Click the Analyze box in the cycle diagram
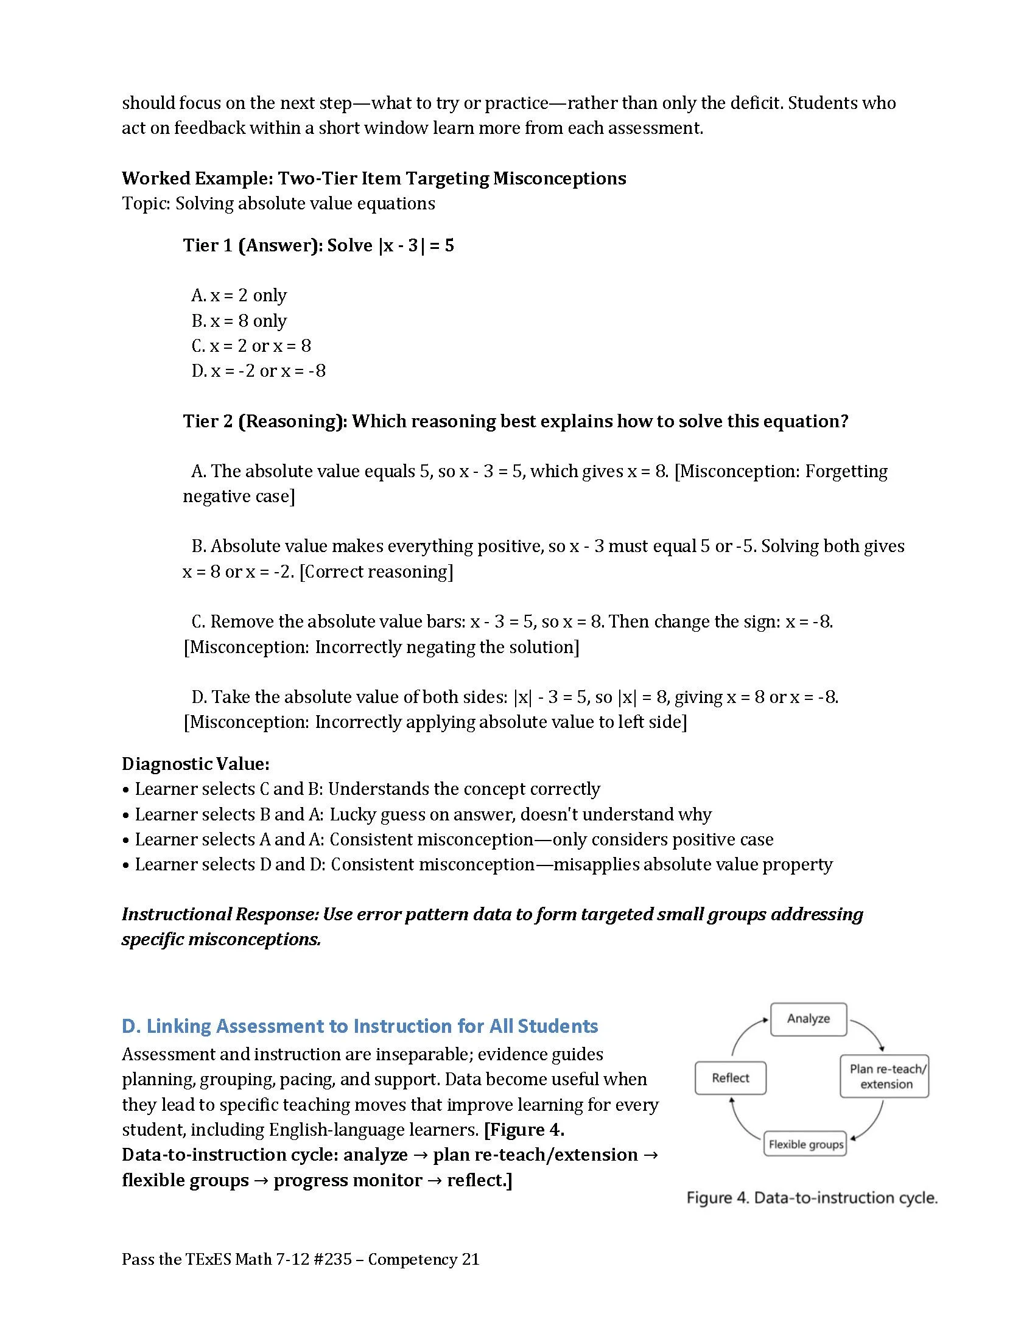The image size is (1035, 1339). pos(807,1019)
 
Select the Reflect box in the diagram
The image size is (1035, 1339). pos(729,1079)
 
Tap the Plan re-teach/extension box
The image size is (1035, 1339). pos(883,1077)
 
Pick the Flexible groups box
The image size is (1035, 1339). pos(805,1144)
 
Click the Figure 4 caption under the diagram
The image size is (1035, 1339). pos(811,1198)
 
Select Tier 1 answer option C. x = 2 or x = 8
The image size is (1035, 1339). pos(251,346)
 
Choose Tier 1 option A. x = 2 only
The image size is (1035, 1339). pos(239,296)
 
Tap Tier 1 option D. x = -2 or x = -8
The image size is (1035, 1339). pos(258,371)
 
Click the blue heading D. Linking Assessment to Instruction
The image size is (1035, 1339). pos(360,1026)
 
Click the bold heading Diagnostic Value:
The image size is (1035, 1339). pos(195,764)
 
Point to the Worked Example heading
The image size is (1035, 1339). pos(373,178)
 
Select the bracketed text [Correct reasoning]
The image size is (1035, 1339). pos(376,572)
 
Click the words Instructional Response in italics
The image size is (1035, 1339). pos(219,914)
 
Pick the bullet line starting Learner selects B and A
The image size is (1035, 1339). pos(423,814)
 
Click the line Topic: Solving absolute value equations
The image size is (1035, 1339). pos(278,203)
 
